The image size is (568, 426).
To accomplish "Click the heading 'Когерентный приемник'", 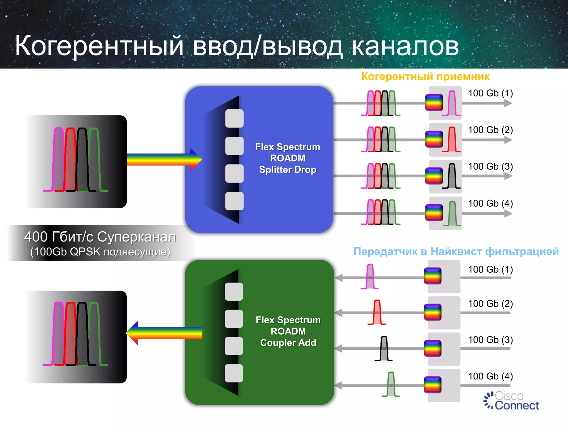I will [425, 77].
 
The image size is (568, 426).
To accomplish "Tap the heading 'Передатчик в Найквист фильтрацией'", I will [456, 252].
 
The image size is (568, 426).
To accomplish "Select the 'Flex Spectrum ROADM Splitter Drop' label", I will [288, 158].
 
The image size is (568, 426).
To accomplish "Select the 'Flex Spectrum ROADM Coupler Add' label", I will [288, 331].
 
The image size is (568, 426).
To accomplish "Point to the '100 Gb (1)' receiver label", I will [490, 93].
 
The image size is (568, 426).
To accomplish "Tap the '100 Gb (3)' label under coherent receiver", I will [490, 166].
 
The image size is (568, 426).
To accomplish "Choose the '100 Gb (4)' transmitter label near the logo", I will [490, 376].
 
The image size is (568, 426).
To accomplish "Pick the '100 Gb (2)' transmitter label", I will [490, 304].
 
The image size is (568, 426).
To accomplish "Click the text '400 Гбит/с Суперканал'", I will [100, 237].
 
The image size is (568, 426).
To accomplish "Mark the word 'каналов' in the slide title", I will [405, 46].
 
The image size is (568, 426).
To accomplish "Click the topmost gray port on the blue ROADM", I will [234, 118].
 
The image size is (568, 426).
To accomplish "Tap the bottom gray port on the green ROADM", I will [234, 373].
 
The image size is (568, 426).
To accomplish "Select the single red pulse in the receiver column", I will [452, 140].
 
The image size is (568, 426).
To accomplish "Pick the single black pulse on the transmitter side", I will [384, 349].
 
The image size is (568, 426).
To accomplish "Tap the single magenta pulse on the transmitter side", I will [370, 277].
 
